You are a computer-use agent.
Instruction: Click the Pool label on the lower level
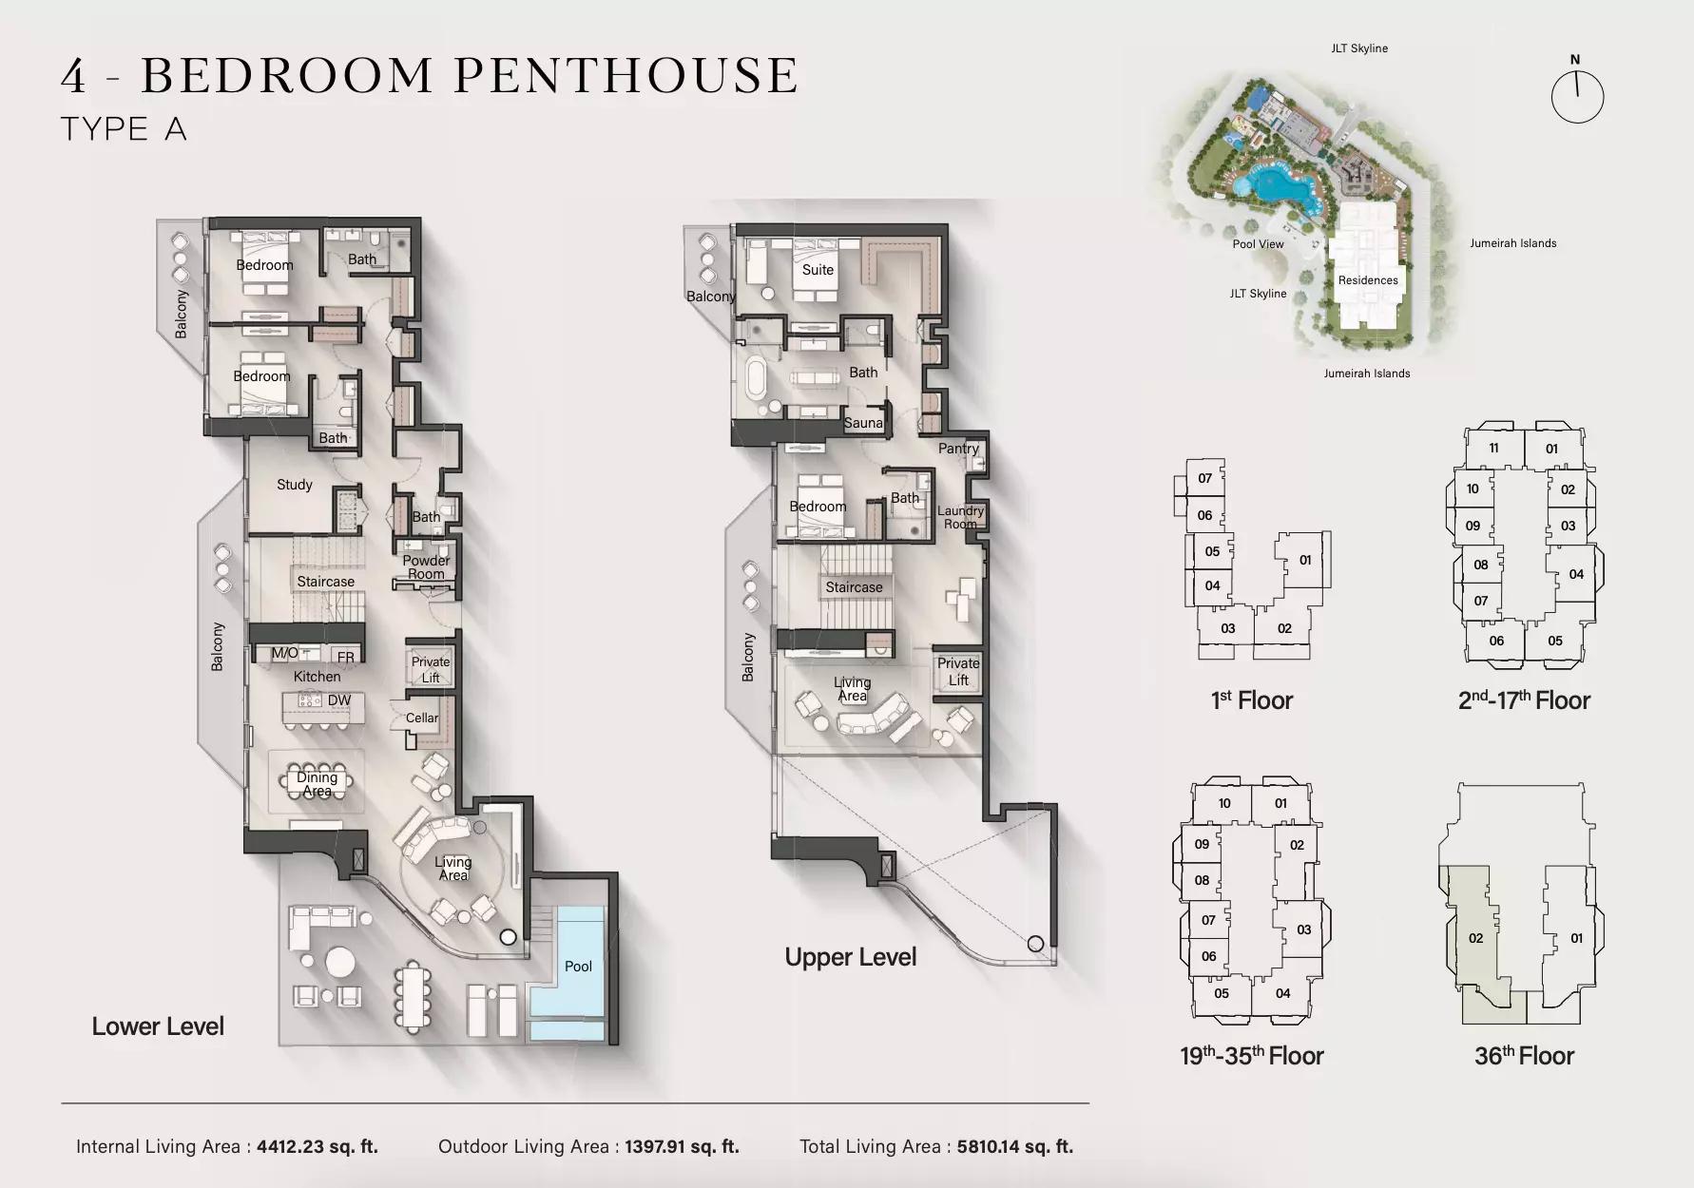point(578,966)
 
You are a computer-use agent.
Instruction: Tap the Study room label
point(295,485)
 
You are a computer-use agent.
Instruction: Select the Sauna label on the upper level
point(863,423)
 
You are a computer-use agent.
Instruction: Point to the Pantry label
point(958,449)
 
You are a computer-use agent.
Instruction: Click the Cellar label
point(422,718)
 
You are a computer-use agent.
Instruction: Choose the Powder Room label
point(426,567)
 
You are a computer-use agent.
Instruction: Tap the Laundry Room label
point(960,517)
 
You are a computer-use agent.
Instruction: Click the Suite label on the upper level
point(818,270)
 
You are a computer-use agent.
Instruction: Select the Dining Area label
point(317,784)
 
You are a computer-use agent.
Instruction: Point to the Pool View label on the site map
point(1258,244)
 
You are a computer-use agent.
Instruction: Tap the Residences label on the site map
point(1368,280)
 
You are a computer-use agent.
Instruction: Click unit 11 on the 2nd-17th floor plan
point(1493,449)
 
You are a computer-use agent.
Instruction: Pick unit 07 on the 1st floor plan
point(1204,478)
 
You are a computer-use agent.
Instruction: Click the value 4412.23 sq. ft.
point(318,1147)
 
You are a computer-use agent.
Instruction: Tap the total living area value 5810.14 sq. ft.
point(1015,1147)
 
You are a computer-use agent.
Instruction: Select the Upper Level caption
point(851,957)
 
